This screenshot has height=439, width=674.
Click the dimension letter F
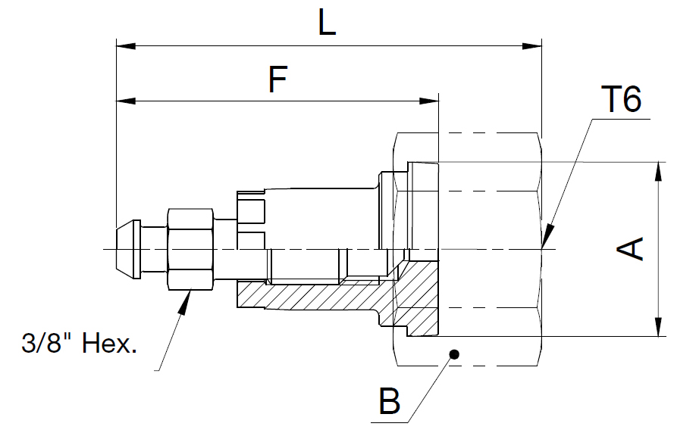[x=278, y=79]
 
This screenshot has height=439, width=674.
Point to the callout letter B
[x=389, y=401]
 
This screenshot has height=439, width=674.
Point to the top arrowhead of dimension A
[x=657, y=170]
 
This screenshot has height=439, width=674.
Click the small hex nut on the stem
[x=190, y=249]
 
